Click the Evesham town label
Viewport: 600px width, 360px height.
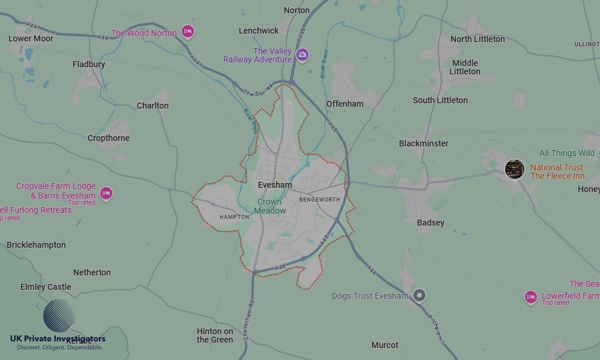(x=274, y=185)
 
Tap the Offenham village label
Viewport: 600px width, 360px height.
(x=345, y=104)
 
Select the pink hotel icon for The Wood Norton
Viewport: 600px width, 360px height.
(x=188, y=32)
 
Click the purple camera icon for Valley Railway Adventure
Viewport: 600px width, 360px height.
(x=302, y=55)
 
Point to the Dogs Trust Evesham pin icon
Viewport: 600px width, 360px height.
(x=420, y=295)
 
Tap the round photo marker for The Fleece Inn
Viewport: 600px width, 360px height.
(x=514, y=169)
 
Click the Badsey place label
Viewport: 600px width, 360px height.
(x=431, y=223)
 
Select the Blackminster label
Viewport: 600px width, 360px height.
(x=424, y=143)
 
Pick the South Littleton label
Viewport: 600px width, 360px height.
(x=440, y=100)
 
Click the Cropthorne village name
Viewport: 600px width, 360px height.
(x=109, y=138)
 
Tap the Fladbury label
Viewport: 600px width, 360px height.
(x=89, y=64)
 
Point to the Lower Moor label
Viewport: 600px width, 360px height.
(x=31, y=38)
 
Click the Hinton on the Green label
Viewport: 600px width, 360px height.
(x=215, y=335)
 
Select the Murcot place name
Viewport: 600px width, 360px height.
(x=385, y=345)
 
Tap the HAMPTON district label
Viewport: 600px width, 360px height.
(x=234, y=217)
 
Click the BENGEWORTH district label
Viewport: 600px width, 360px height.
(x=319, y=199)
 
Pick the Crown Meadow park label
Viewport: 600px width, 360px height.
(x=270, y=206)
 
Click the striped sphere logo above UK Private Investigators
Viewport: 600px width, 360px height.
(x=59, y=316)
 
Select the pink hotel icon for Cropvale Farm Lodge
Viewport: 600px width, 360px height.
(x=106, y=193)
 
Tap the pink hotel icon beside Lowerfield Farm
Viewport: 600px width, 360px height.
(x=530, y=297)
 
